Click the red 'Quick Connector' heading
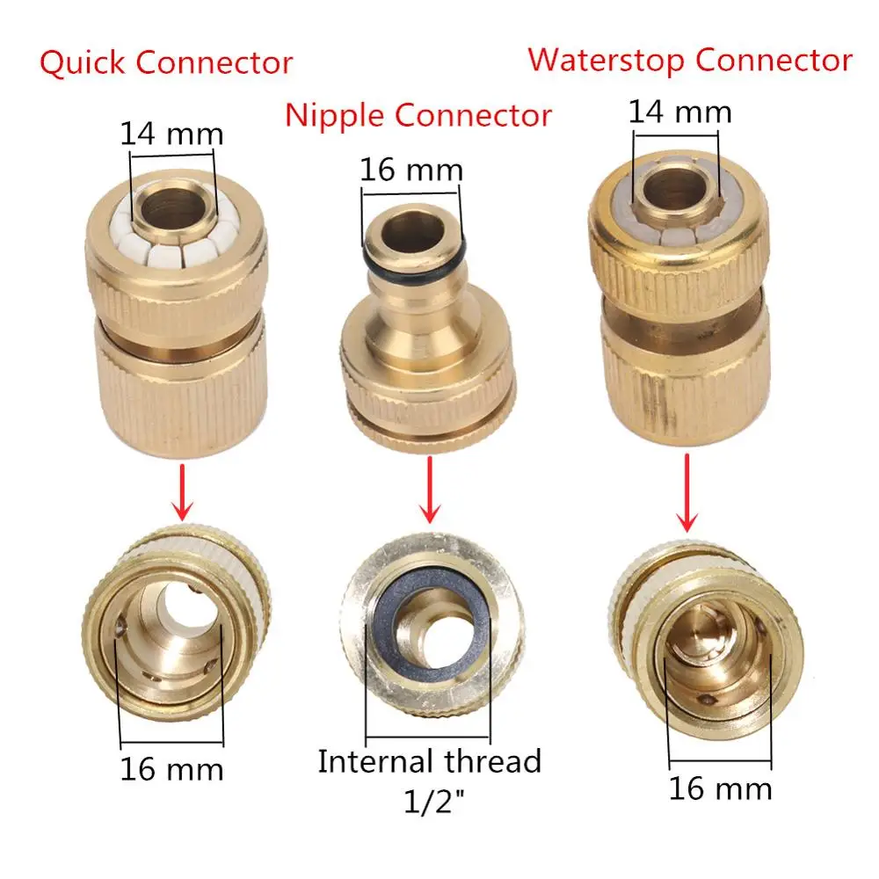pyautogui.click(x=166, y=64)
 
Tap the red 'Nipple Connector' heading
pyautogui.click(x=418, y=115)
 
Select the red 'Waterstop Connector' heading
pyautogui.click(x=690, y=61)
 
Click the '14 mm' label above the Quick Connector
pyautogui.click(x=172, y=134)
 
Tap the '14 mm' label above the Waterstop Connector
pyautogui.click(x=679, y=112)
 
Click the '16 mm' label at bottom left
pyautogui.click(x=172, y=769)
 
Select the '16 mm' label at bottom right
pyautogui.click(x=720, y=788)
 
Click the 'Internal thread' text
pyautogui.click(x=429, y=761)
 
